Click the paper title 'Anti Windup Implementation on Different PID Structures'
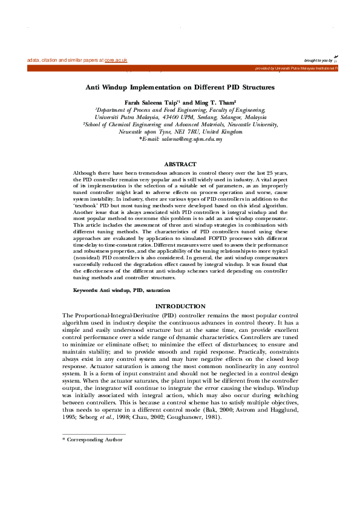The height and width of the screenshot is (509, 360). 180,88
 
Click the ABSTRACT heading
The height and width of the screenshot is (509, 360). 180,164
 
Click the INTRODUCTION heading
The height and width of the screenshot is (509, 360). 180,306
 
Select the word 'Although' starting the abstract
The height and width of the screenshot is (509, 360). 84,173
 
